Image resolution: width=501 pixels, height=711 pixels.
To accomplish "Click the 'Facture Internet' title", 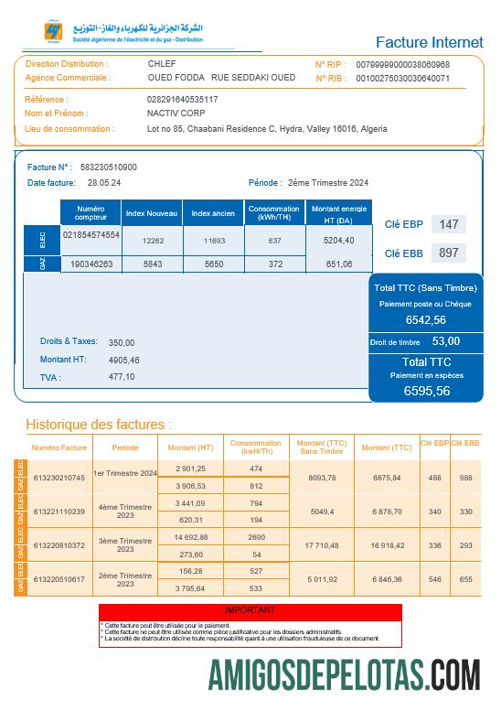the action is (429, 42).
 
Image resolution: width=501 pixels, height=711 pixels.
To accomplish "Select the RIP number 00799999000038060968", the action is (402, 65).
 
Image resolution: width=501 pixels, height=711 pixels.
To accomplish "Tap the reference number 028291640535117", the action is (183, 99).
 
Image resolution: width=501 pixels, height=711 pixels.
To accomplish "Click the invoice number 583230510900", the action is (109, 167).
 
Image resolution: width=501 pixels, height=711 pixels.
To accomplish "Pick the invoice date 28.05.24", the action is (105, 183).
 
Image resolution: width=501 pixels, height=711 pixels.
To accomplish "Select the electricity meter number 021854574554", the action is (91, 235).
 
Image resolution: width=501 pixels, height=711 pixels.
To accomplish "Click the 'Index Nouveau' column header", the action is (151, 213).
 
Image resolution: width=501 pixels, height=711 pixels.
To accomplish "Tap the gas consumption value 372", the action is (275, 264).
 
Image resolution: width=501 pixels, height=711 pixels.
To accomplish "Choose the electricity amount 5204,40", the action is (338, 240).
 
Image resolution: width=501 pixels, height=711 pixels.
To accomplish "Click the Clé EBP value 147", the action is (448, 224).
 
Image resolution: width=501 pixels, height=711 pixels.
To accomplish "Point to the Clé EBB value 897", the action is (448, 253).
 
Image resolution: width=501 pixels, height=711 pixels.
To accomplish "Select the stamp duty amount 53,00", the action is (445, 341).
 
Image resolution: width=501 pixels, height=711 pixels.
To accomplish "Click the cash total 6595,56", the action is (427, 391).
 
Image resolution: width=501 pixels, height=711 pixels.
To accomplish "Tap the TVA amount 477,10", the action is (122, 376).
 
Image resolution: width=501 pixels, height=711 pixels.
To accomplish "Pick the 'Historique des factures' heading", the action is (98, 425).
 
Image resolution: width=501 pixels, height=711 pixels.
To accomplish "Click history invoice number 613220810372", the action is (59, 545).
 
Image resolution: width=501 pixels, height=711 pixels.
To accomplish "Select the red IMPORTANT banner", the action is (250, 609).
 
